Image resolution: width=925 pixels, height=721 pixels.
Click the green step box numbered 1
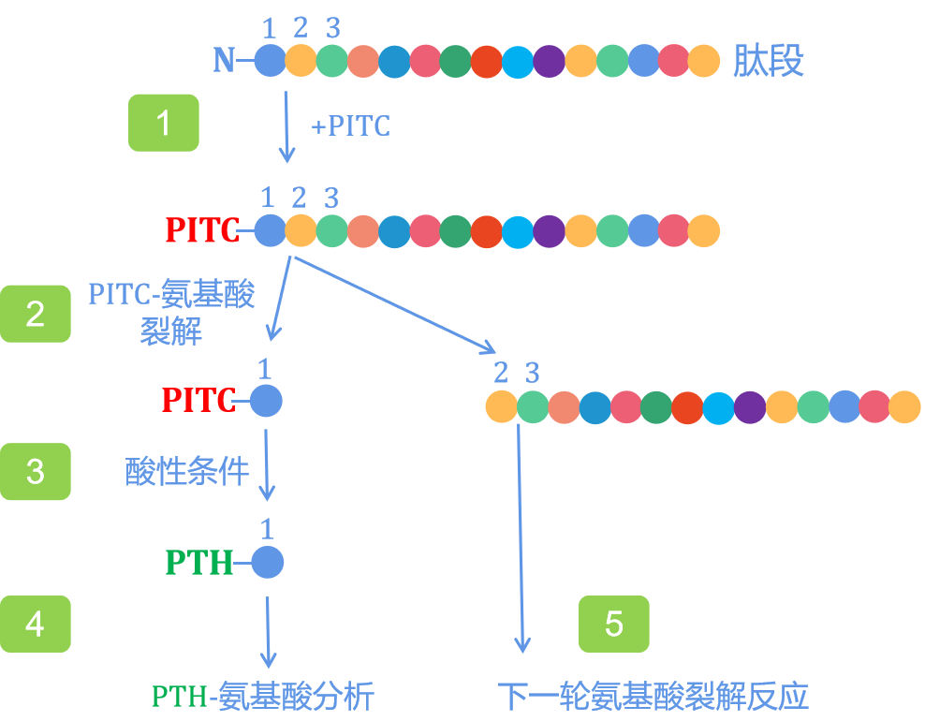coord(164,123)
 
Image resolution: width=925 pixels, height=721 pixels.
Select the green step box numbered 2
coord(36,314)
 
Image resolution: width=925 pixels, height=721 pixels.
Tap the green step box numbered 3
coord(36,471)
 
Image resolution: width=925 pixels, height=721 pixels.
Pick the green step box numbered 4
coord(36,624)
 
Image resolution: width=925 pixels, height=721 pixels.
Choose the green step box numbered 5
coord(614,624)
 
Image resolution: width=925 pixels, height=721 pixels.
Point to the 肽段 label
coord(769,62)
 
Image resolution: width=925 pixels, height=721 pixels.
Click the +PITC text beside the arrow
coord(350,125)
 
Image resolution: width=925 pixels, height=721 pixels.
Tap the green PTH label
coord(198,563)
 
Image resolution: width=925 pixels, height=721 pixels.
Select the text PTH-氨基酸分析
coord(263,697)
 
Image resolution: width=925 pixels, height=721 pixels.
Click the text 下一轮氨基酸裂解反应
coord(653,697)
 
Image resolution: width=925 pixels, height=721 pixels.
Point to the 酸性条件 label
coord(187,472)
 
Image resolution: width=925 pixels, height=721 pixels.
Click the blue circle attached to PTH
coord(267,563)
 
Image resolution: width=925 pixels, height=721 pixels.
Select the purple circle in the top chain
coord(549,61)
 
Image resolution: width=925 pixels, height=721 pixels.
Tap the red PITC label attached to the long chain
coord(201,230)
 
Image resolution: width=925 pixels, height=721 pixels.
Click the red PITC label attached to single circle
coord(198,401)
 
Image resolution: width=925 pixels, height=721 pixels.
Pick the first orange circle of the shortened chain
coord(502,407)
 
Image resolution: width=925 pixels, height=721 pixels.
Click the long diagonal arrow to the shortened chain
coord(393,303)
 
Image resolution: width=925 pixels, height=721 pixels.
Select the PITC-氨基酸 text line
coord(171,296)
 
